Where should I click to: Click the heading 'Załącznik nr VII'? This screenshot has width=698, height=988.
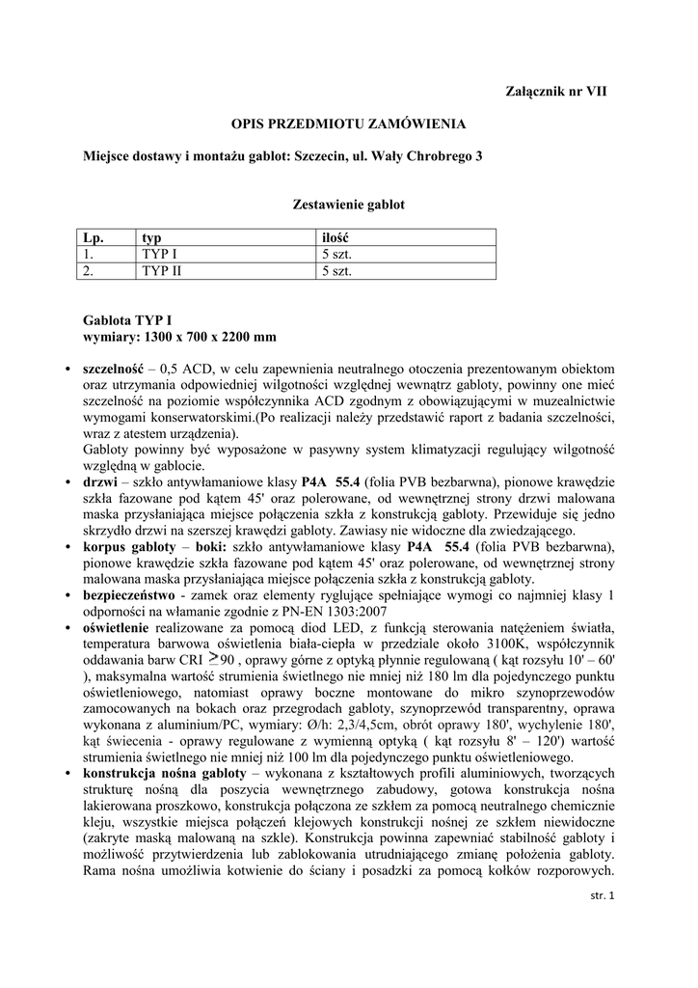click(x=557, y=91)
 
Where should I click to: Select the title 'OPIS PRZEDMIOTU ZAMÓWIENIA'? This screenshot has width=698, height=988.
click(x=348, y=123)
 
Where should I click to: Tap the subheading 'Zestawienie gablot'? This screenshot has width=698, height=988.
click(x=348, y=205)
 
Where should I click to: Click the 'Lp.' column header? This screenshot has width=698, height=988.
click(x=93, y=237)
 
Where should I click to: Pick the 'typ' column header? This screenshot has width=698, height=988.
click(x=151, y=237)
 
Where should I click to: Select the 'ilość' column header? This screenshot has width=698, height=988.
click(x=335, y=237)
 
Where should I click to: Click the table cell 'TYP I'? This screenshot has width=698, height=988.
click(x=159, y=255)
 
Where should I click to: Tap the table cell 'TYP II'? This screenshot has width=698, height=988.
click(x=161, y=271)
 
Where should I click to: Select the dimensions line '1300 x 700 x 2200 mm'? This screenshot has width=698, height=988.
click(x=209, y=338)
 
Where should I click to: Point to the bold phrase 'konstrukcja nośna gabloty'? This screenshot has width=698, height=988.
click(x=164, y=774)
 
